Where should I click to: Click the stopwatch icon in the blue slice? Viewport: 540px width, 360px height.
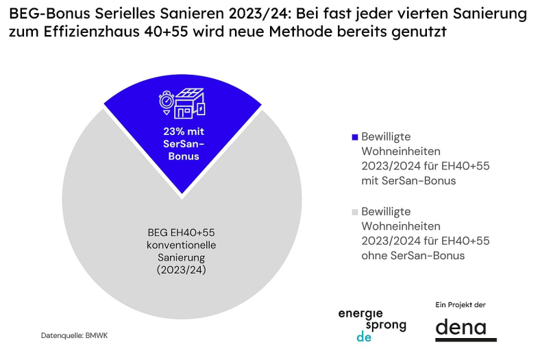coord(166,101)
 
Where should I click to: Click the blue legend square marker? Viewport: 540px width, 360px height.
coord(354,137)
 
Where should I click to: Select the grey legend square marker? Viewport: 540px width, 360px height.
coord(354,213)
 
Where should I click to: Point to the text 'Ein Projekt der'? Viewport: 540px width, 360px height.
coord(460,304)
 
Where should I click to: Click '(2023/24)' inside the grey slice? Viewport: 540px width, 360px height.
coord(182,269)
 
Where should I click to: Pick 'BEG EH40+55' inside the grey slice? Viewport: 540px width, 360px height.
coord(182,233)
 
